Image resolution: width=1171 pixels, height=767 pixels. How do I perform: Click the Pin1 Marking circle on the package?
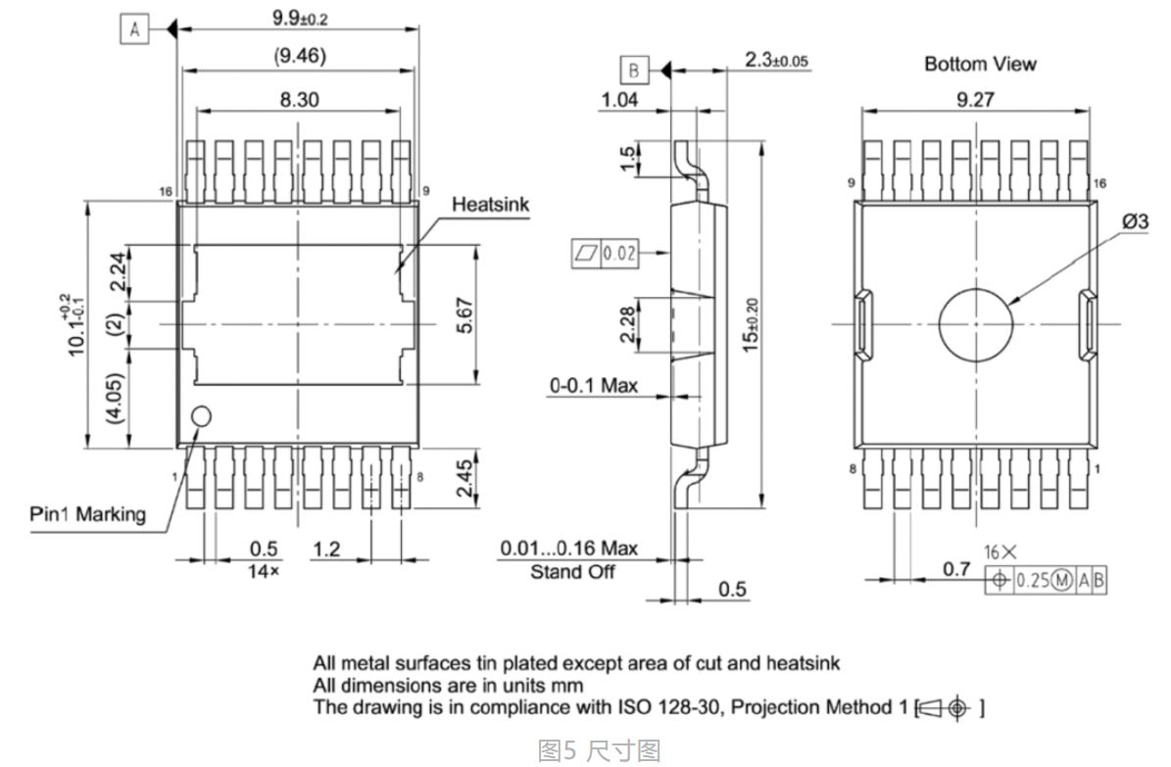(201, 416)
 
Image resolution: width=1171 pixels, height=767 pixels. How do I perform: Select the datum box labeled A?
(134, 30)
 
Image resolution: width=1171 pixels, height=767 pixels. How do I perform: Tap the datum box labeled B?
(634, 71)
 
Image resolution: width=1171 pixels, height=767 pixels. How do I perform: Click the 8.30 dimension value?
(299, 100)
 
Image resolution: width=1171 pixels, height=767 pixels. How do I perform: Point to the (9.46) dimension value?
(299, 57)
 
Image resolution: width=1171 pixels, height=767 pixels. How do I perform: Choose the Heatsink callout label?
(491, 204)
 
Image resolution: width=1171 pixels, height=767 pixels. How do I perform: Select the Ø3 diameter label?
(1134, 221)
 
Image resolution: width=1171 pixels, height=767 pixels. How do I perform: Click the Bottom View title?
(980, 64)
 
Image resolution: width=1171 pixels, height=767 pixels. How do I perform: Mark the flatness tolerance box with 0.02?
(605, 254)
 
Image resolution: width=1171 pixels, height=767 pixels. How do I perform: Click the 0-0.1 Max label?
(593, 386)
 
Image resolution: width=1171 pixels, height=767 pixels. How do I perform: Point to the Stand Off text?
(572, 571)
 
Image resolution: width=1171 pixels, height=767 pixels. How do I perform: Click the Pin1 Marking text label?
(86, 513)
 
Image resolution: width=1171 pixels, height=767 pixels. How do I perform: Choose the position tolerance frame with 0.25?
(1046, 579)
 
